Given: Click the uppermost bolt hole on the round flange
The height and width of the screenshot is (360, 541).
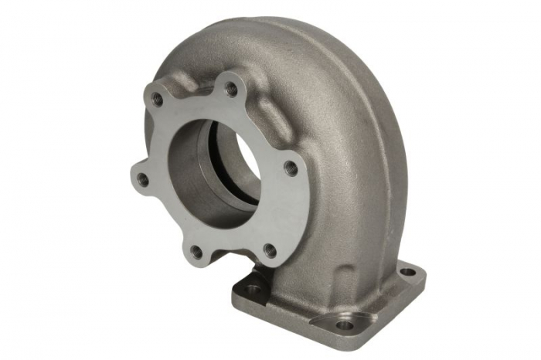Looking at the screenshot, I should pos(230,88).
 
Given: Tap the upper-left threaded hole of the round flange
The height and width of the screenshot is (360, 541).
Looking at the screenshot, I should pos(158,98).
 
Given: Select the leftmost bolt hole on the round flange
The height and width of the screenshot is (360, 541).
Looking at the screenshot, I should pos(143,178).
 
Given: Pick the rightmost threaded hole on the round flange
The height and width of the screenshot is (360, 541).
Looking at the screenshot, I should pos(291,167).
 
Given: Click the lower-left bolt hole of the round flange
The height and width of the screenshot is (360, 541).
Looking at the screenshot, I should pos(197,251).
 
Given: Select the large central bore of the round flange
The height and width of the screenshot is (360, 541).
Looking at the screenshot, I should pos(220,170).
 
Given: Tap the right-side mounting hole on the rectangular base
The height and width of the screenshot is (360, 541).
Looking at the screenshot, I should pos(407,271).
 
